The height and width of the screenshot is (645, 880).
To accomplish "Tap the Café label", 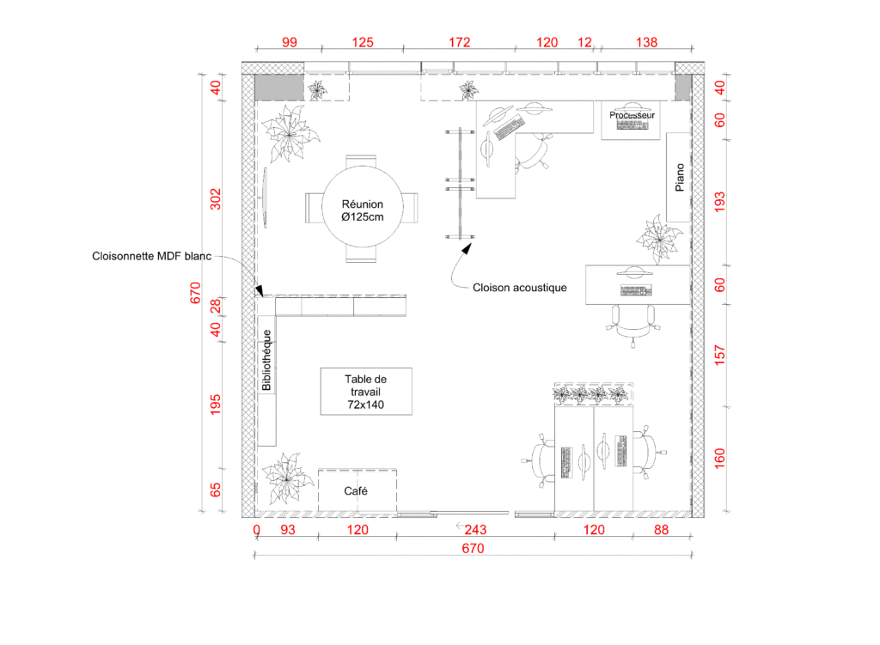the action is point(356,491).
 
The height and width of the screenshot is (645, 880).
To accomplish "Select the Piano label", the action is point(680,177).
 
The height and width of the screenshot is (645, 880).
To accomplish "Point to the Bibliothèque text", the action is point(266,360).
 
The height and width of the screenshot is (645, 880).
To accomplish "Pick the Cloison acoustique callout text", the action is point(520,288).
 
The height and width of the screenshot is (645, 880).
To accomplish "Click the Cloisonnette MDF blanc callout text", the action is point(151,256).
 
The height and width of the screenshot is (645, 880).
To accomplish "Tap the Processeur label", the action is point(632,115).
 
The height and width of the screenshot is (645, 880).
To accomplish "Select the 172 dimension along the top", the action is point(459,42).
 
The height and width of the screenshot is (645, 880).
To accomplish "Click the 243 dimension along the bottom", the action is point(475,530).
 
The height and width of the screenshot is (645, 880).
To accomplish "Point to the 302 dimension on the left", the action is point(216,199).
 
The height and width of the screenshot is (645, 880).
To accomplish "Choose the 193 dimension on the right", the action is point(719,202).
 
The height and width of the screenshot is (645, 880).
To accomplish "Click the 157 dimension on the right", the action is point(719,356).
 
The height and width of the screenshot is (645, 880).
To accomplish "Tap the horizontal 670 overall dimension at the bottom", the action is point(474,549).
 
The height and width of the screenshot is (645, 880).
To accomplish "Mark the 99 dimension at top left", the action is point(290,42).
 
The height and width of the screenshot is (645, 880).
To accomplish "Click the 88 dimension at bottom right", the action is point(661,530).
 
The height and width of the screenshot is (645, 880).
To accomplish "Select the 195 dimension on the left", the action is point(216,405).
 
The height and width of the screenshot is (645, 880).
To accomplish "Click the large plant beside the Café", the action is point(287,479).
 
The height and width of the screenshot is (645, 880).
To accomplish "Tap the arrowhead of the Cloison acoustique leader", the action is point(467,248).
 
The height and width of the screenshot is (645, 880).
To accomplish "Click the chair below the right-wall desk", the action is point(633,326).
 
